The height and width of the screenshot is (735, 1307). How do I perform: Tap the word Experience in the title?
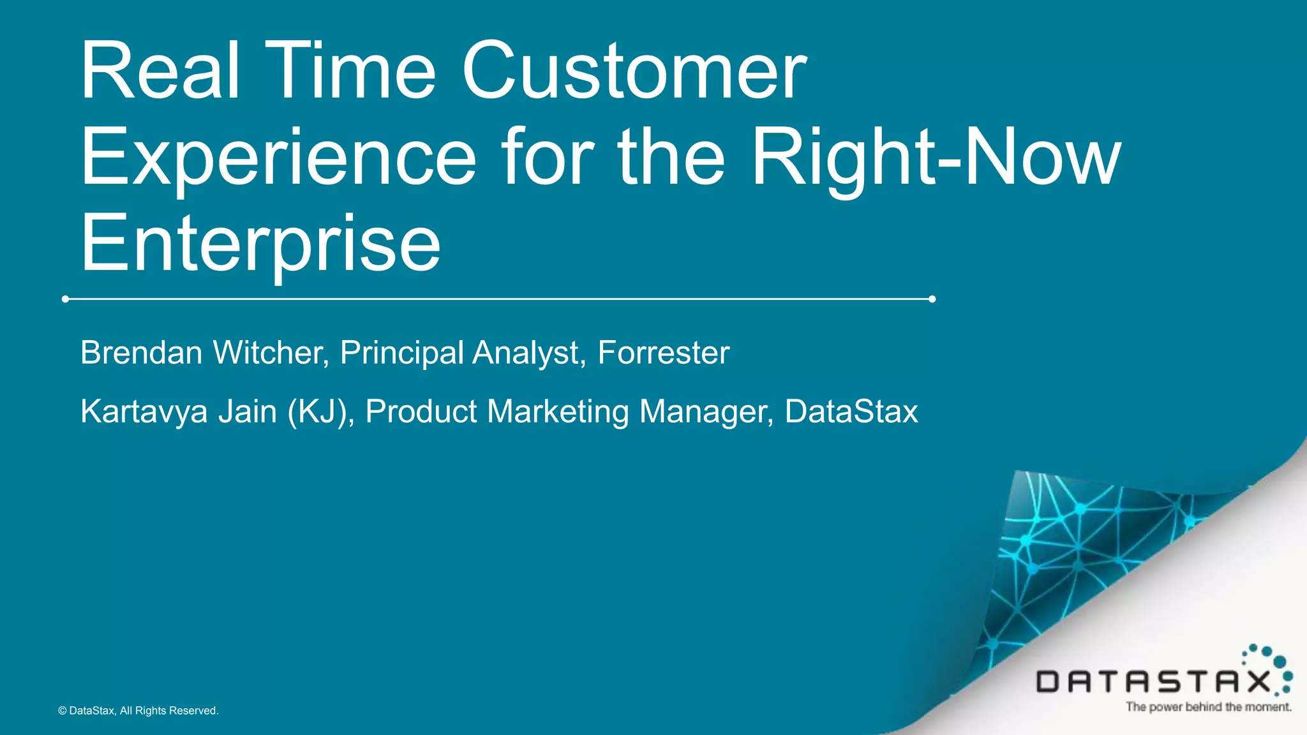click(278, 158)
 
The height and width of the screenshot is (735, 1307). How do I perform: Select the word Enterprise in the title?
click(260, 244)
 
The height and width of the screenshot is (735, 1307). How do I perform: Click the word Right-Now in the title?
click(936, 158)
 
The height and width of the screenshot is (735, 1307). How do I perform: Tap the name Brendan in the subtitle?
click(142, 353)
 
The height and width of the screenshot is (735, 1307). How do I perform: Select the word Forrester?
click(663, 353)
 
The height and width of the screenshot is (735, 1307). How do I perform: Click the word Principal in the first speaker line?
click(401, 353)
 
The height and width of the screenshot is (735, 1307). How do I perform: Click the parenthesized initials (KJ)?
click(320, 412)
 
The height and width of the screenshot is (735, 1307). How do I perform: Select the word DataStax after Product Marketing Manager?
click(851, 412)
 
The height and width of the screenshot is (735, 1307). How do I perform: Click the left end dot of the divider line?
click(65, 299)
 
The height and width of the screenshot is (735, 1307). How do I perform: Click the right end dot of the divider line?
click(932, 299)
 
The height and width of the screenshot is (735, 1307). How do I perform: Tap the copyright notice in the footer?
click(138, 711)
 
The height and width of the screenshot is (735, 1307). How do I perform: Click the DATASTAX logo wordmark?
click(1153, 682)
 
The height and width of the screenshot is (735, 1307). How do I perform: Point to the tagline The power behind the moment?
click(1208, 707)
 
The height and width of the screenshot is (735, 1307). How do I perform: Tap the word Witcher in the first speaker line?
click(271, 353)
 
